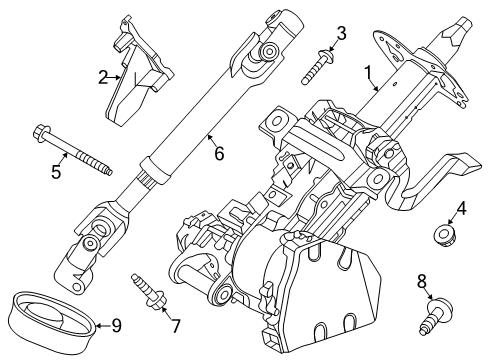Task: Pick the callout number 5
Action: [56, 171]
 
